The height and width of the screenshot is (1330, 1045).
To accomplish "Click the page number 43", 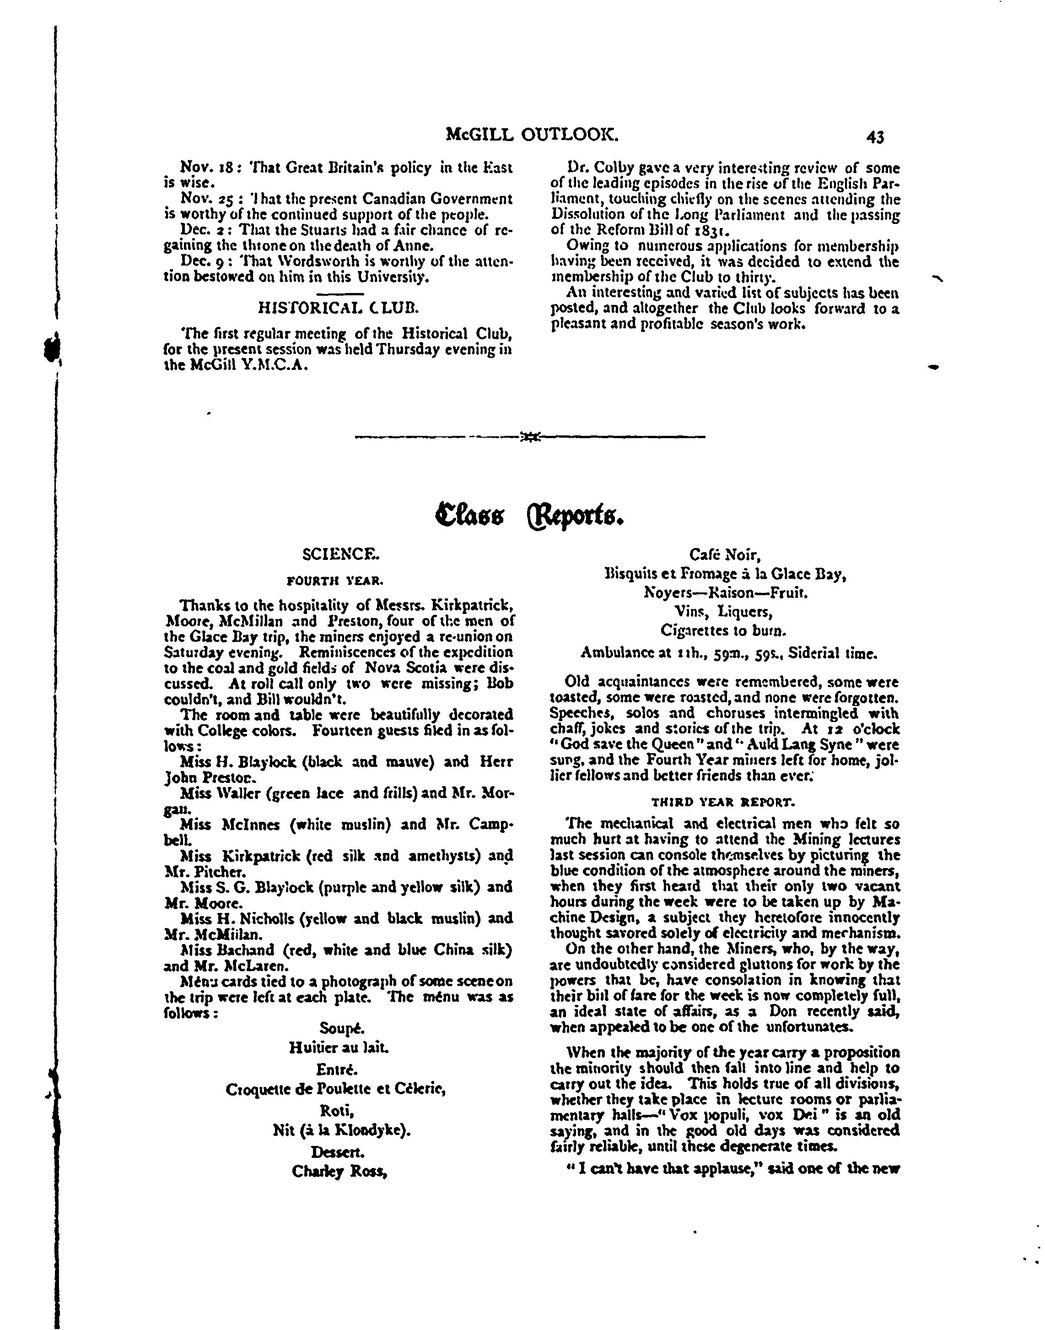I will click(875, 137).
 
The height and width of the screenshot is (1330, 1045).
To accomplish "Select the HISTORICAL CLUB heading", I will click(338, 307).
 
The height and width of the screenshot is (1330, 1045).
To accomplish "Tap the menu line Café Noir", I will click(724, 555).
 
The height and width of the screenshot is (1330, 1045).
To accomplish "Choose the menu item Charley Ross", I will click(340, 1171).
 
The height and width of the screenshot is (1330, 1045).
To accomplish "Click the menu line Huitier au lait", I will click(338, 1048).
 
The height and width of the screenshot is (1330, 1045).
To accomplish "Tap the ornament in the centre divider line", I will click(529, 437).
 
